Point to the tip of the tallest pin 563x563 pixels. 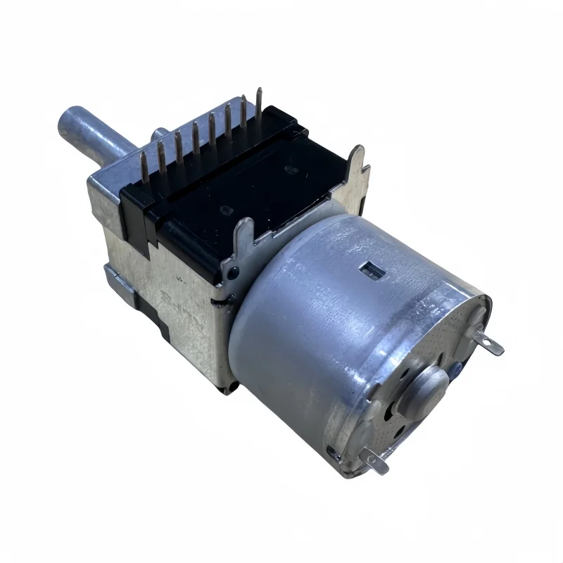pos(259,91)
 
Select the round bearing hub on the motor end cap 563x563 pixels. pos(429,384)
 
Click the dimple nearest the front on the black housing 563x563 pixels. pos(227,209)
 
